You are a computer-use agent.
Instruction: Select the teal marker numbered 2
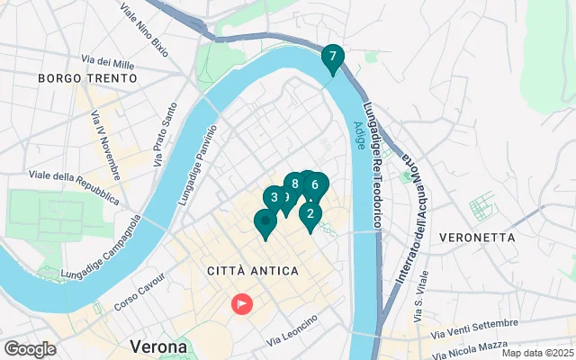tap(310, 214)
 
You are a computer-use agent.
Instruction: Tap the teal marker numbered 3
tap(274, 198)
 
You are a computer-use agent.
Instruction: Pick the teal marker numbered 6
tap(315, 185)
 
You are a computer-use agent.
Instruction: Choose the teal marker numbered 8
tap(294, 184)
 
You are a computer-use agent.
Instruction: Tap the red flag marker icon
tap(242, 304)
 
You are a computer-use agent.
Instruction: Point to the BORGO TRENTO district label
tap(87, 78)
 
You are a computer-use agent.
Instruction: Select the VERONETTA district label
tap(478, 238)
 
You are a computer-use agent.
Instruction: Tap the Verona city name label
tap(158, 346)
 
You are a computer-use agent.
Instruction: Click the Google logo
tap(30, 349)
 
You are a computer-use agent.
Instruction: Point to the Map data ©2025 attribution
tap(537, 353)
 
